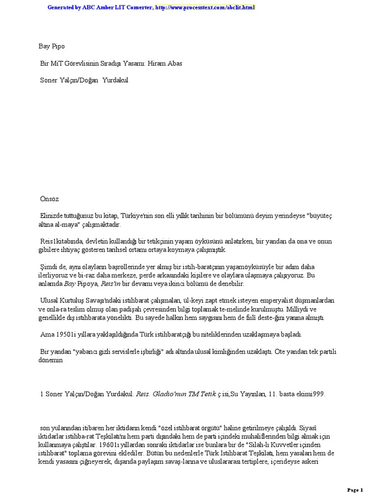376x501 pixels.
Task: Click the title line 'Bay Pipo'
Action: tap(52, 46)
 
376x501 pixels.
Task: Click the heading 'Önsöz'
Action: tap(49, 199)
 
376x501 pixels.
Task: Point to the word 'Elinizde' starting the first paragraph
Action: tap(51, 215)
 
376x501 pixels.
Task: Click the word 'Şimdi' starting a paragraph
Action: tap(48, 267)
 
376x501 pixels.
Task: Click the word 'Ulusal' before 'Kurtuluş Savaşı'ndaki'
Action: tap(50, 300)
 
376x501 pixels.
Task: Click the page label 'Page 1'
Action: tap(355, 490)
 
